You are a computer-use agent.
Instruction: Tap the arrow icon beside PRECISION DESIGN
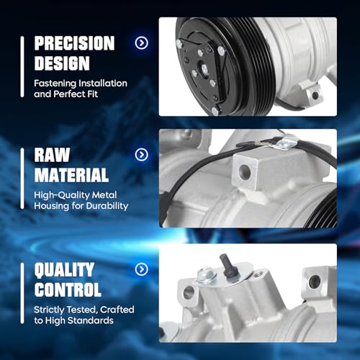click(142, 42)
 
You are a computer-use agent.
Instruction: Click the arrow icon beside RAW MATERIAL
click(142, 155)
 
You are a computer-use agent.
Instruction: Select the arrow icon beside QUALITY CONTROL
click(142, 270)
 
